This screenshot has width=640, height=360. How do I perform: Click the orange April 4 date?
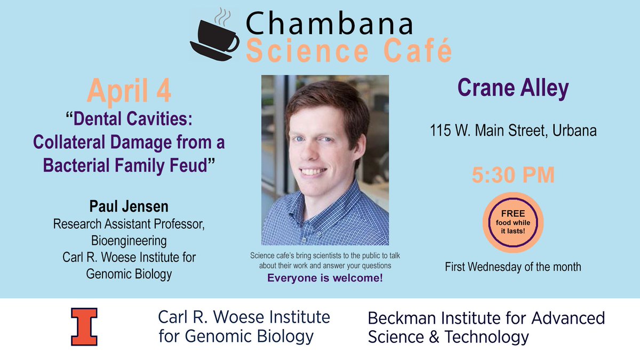(x=129, y=91)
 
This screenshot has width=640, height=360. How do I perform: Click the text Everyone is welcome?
(x=325, y=278)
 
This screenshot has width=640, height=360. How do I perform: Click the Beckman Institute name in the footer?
(x=486, y=318)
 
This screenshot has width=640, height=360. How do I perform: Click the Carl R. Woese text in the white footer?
(x=244, y=317)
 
